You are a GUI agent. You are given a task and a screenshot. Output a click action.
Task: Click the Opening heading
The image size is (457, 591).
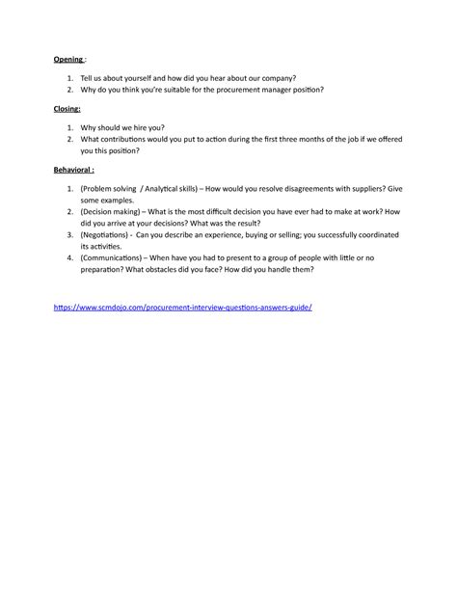(68, 59)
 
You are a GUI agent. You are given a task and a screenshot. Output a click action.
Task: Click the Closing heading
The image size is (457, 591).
(67, 109)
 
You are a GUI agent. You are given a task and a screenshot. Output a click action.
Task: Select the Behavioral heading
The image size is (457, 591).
(73, 170)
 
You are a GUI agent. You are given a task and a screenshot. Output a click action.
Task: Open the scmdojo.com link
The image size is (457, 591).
(183, 306)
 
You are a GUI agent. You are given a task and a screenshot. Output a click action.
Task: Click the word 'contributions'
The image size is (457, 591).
(136, 140)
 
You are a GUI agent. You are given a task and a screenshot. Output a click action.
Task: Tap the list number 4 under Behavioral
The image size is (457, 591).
(70, 257)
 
